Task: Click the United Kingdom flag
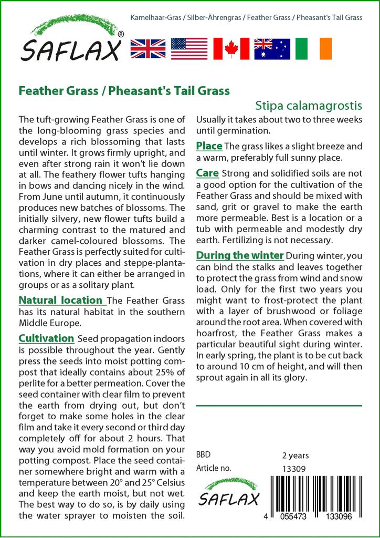tap(147, 48)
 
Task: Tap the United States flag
tap(189, 48)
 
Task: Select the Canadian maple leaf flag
tap(230, 48)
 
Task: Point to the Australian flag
tap(272, 48)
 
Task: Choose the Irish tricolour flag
tap(314, 48)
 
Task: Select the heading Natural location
tap(60, 301)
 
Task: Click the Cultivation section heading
tap(46, 338)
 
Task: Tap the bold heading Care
tap(207, 173)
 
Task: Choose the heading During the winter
tap(240, 256)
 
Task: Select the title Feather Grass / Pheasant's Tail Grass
tap(124, 90)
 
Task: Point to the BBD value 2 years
tap(295, 456)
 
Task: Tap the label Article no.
tap(213, 468)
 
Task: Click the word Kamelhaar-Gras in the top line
tap(155, 18)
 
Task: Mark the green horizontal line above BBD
tap(279, 406)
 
